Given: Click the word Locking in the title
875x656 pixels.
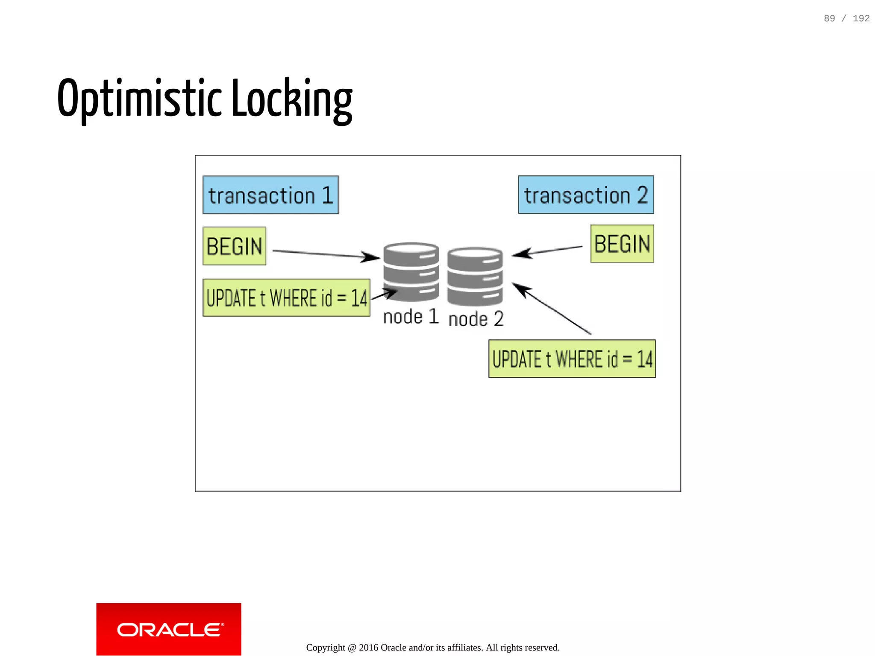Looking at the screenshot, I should (x=292, y=99).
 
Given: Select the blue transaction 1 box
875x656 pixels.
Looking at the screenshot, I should (x=270, y=195).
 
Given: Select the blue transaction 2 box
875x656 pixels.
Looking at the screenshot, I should (x=586, y=195).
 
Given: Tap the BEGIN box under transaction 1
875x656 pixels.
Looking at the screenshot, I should (x=234, y=246).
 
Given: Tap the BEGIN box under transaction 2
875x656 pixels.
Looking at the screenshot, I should (x=622, y=244).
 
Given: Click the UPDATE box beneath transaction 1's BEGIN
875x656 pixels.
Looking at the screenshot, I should (x=286, y=298).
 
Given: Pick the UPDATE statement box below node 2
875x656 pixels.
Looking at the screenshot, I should (x=572, y=359).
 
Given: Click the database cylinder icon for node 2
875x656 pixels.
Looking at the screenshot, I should (x=475, y=277).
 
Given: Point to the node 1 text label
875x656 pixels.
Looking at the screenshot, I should (x=411, y=317).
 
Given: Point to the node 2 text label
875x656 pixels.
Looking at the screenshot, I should (x=476, y=319).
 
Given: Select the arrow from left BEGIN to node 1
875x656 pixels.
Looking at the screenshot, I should (x=325, y=254).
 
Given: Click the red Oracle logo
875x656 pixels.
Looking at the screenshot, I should (x=169, y=629).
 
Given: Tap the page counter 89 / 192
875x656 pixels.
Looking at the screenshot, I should (x=846, y=18).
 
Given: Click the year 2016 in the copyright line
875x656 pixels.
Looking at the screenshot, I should (x=368, y=647).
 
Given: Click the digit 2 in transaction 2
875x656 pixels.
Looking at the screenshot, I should (x=642, y=195).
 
